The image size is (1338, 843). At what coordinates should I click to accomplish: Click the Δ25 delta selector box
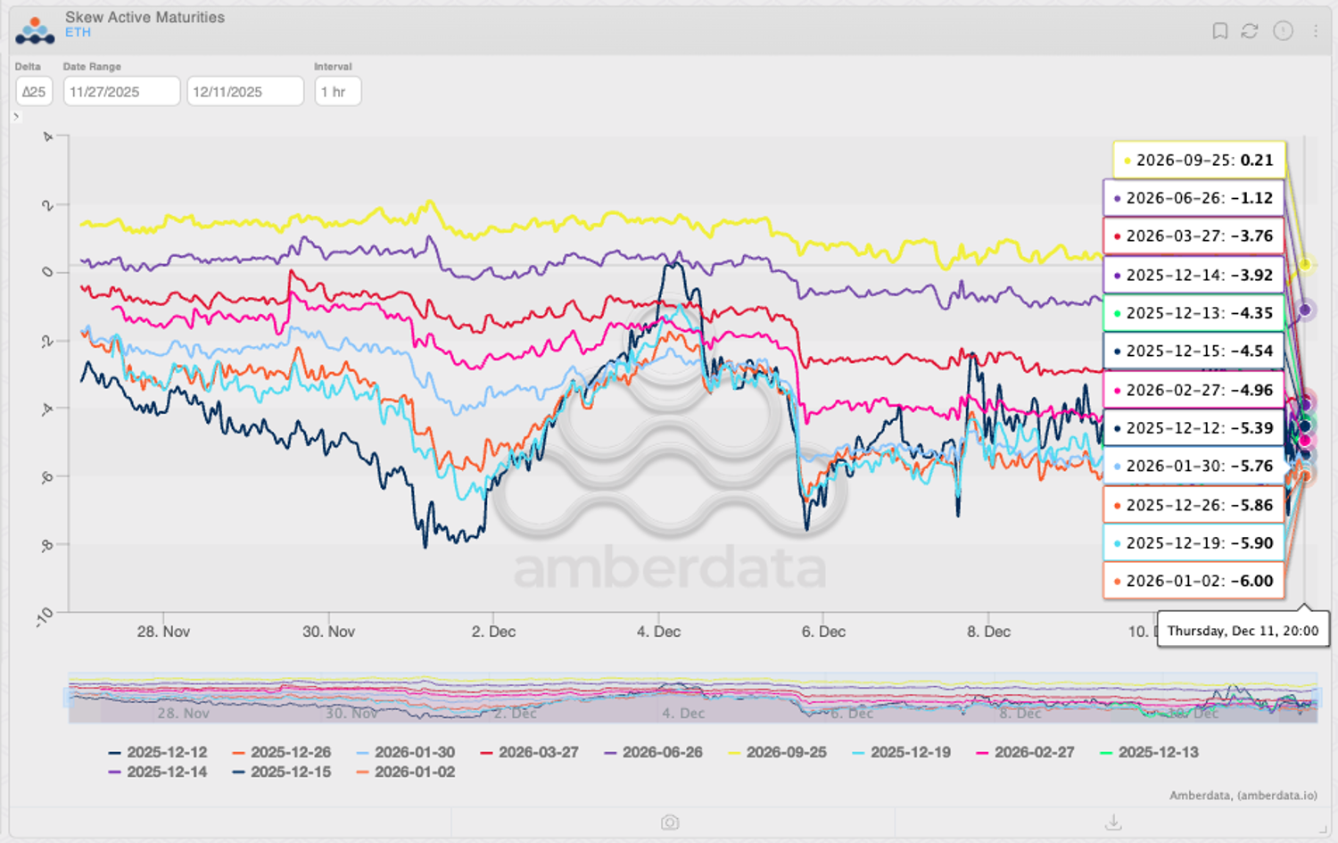point(34,92)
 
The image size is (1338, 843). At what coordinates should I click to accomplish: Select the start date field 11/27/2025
point(121,92)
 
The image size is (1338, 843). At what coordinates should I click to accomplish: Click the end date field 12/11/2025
point(244,92)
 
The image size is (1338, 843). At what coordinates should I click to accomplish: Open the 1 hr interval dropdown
point(337,92)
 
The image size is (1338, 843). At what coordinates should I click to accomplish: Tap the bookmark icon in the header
point(1219,31)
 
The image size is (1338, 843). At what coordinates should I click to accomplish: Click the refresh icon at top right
point(1250,31)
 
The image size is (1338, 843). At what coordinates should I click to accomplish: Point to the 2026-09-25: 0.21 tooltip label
point(1198,161)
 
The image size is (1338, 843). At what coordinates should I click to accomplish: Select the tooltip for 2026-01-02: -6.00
point(1193,581)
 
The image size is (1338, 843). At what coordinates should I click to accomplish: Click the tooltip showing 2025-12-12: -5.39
point(1193,428)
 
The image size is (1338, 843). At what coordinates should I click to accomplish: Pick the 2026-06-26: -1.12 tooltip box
point(1193,198)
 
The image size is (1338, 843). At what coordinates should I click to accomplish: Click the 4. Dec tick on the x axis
point(658,632)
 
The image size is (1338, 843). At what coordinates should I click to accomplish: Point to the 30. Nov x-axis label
point(328,632)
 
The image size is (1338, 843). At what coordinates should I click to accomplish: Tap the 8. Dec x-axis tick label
point(988,632)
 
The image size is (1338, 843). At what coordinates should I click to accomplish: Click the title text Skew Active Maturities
point(145,17)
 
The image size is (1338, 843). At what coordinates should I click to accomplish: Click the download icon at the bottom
point(1113,822)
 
